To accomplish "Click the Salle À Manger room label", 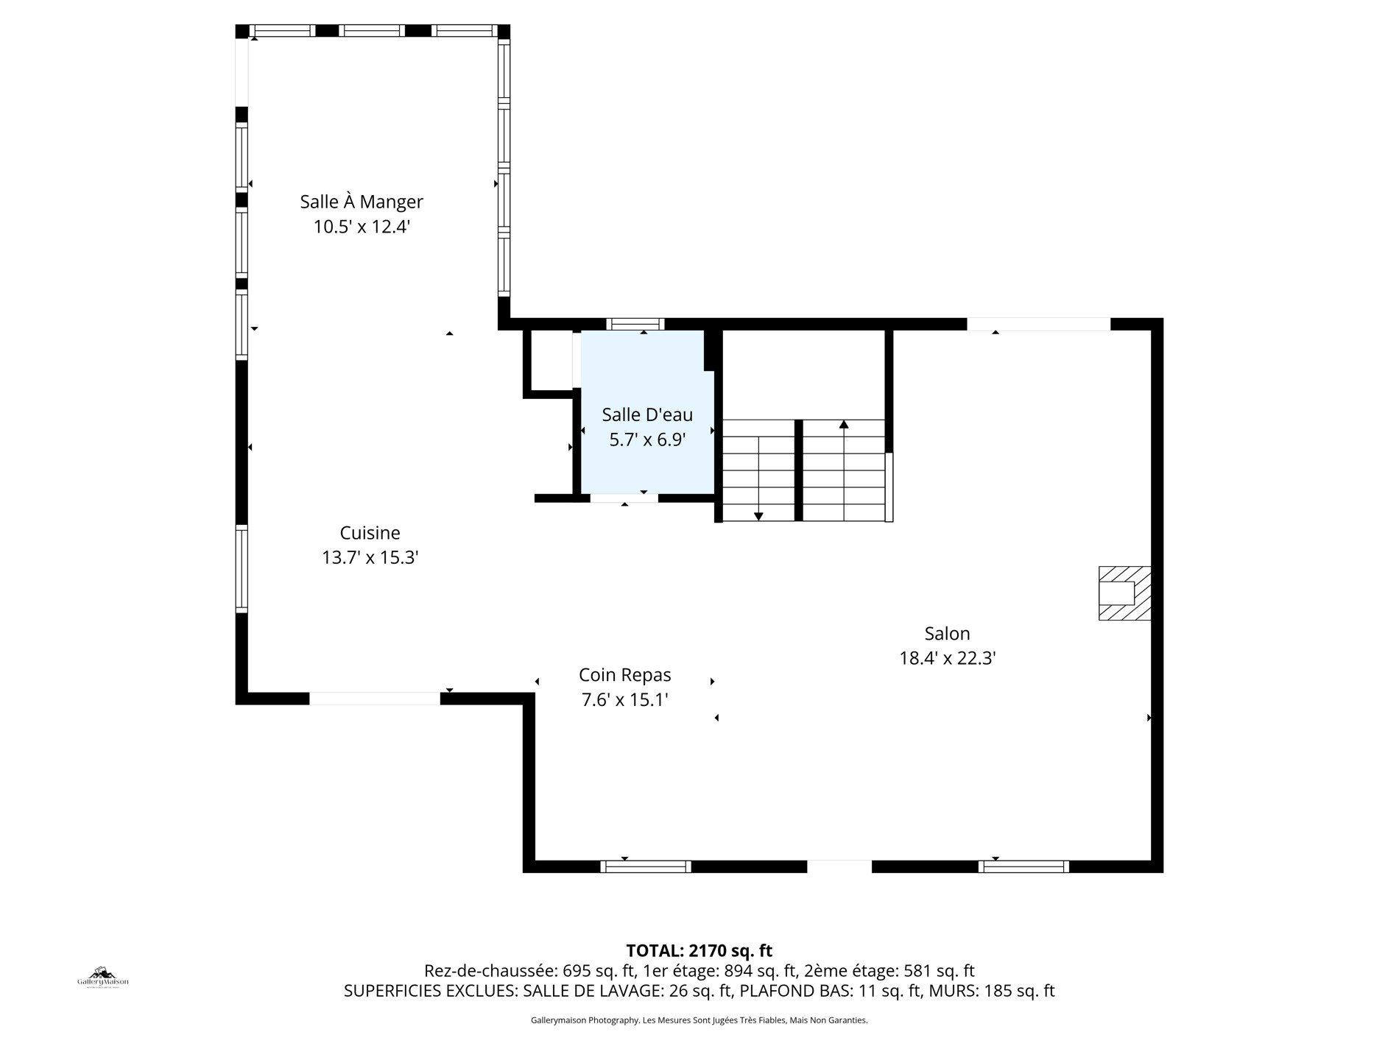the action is click(x=362, y=201).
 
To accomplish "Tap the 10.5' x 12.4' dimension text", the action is click(x=362, y=227).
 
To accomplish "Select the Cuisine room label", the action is click(x=370, y=532).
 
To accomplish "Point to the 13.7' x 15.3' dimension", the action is click(x=370, y=558).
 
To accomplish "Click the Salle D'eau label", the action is click(x=647, y=414).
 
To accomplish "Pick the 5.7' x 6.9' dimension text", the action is click(x=647, y=440).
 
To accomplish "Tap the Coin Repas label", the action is click(x=625, y=674).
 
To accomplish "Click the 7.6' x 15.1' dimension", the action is click(x=625, y=700).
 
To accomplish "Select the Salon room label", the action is click(x=948, y=633).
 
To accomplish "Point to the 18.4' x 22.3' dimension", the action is click(x=948, y=658).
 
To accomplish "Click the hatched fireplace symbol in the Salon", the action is click(x=1124, y=593).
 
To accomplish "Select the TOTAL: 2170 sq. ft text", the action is click(x=699, y=950).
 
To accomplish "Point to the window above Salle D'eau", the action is click(x=635, y=324).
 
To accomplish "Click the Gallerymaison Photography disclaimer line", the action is click(x=699, y=1020).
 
